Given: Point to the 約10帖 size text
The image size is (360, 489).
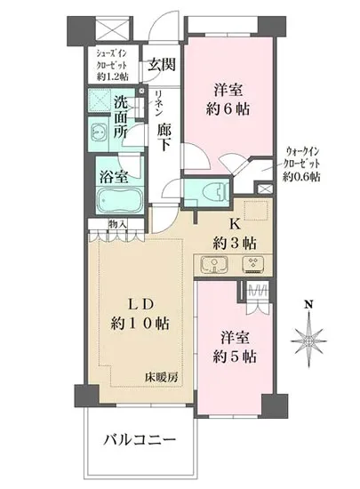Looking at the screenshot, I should (x=139, y=321).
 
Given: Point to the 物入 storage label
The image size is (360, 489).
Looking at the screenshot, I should (x=116, y=224).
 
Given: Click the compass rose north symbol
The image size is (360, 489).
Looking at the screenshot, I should (x=307, y=339).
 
